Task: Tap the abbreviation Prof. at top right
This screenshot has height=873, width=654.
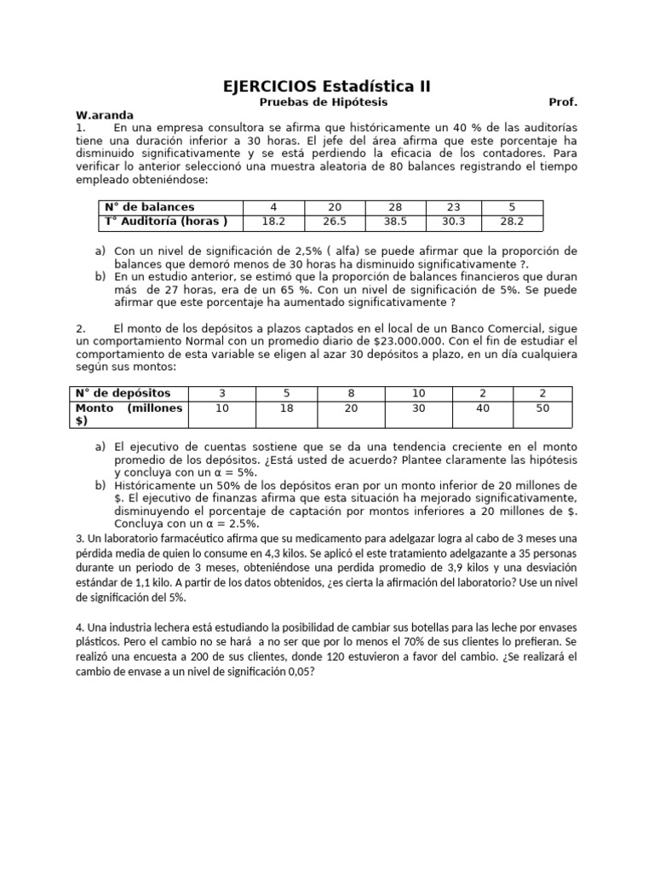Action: (x=563, y=102)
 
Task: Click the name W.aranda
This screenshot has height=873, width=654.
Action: (x=105, y=115)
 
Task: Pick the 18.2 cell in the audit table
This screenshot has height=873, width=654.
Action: (x=272, y=223)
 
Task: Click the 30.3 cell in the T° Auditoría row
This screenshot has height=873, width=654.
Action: (x=451, y=223)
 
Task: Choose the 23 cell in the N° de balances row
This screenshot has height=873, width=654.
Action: (x=451, y=207)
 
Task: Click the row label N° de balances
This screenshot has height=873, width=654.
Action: (x=149, y=207)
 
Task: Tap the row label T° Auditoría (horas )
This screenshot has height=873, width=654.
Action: (x=166, y=223)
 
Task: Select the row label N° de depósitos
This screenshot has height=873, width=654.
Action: (x=123, y=393)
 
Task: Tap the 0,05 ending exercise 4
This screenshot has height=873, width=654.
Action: (x=299, y=671)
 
